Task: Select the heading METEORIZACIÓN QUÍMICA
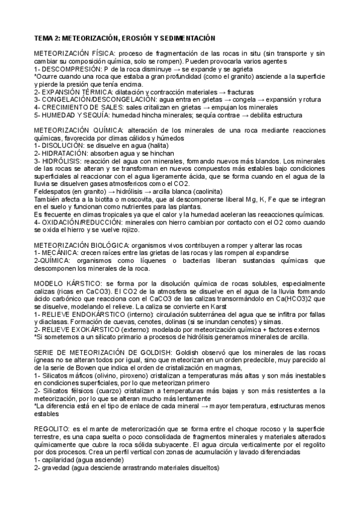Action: [x=78, y=131]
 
